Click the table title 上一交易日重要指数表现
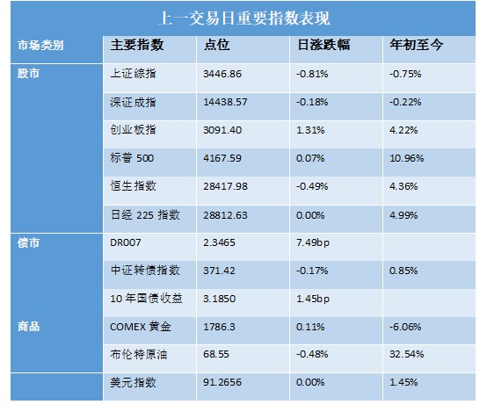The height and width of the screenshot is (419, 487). [243, 18]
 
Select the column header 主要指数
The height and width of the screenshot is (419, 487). [137, 45]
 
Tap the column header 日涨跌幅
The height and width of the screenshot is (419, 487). [323, 45]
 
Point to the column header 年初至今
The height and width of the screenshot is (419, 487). [417, 45]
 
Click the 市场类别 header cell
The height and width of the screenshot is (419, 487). [40, 46]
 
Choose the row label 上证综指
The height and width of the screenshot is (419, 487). [133, 74]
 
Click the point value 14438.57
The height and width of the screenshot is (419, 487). [225, 102]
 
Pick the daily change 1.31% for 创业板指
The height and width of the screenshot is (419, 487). [310, 130]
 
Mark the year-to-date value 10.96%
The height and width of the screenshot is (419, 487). [406, 158]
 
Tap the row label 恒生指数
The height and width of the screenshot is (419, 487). [133, 186]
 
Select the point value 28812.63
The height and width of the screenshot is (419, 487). [225, 215]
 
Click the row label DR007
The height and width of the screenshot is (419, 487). [126, 242]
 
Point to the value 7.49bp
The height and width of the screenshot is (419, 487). [313, 242]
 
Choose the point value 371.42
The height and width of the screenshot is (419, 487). [219, 271]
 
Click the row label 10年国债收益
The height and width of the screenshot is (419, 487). [146, 299]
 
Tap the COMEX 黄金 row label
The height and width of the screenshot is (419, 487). [141, 327]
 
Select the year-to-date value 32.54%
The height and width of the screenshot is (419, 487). [406, 354]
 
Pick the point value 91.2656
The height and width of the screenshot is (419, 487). [222, 382]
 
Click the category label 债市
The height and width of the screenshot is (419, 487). [28, 242]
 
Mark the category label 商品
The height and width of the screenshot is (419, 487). [28, 327]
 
